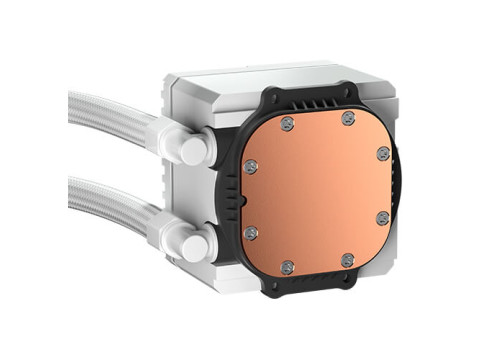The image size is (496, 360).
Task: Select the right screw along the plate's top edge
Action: [x=347, y=118]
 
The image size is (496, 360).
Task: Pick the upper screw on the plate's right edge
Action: [x=383, y=153]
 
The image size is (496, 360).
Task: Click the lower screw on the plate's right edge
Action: [x=383, y=217]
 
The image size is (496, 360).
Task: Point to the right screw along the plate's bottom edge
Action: [x=347, y=259]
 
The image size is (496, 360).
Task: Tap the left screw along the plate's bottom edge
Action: [x=288, y=267]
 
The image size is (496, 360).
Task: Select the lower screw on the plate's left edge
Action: [x=251, y=232]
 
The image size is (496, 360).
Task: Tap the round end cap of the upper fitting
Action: [x=195, y=151]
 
